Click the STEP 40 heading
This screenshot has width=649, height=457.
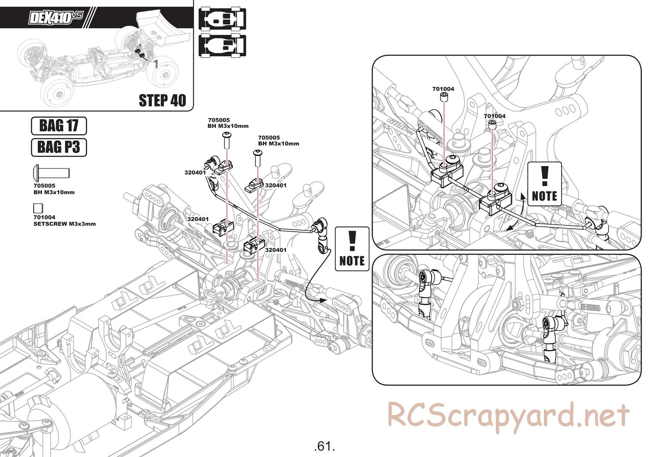point(162,100)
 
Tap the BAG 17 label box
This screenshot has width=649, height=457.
point(59,126)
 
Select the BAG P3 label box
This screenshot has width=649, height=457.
point(59,147)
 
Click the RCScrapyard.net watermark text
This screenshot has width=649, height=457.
point(508,415)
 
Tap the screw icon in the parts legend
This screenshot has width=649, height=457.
point(51,172)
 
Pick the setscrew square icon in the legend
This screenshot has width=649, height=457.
point(38,207)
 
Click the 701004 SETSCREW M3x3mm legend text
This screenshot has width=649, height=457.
point(64,221)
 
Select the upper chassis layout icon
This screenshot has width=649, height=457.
point(222,20)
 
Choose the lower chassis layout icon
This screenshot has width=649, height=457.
point(222,45)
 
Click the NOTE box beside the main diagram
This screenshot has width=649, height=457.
point(352,249)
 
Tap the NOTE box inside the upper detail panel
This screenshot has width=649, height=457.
point(544,184)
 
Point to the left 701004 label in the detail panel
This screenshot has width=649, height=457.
point(443,89)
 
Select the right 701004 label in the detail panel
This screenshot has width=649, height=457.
point(495,116)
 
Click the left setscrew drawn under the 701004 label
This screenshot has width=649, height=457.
point(443,97)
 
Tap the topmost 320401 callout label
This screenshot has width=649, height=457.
point(195,172)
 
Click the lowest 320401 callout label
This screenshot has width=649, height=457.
point(276,250)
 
